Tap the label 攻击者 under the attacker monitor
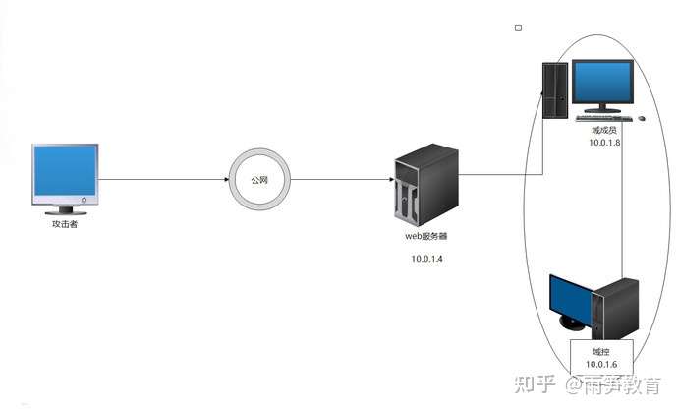click(65, 224)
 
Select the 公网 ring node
click(259, 180)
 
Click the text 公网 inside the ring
click(259, 180)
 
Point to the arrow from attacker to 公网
click(162, 179)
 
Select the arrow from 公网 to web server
click(339, 179)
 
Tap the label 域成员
click(603, 130)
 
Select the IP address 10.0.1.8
click(603, 144)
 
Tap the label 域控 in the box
click(601, 351)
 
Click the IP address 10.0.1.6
click(601, 365)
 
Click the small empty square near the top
click(518, 28)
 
